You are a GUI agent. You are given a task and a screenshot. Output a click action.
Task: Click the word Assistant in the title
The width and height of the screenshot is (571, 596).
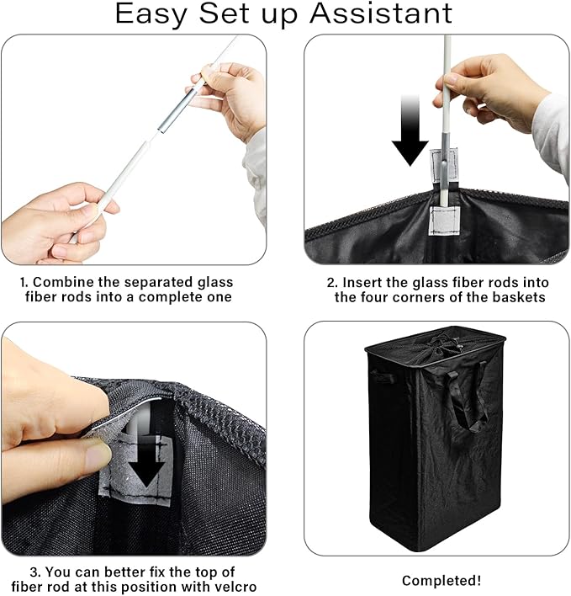pos(381,13)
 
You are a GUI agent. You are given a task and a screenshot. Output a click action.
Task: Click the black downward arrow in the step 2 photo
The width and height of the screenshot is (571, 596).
pos(410,130)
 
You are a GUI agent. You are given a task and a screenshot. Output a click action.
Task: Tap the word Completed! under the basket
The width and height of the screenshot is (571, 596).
pos(441,581)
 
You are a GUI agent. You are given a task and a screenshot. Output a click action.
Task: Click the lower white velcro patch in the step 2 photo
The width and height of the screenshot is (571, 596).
pos(444,221)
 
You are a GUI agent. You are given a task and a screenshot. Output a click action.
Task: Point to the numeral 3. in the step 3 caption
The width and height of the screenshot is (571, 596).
pos(35,572)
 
